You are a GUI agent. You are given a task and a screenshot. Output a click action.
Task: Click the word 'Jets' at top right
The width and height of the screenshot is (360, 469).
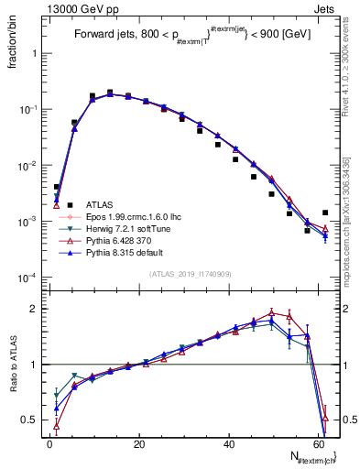click(x=324, y=7)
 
